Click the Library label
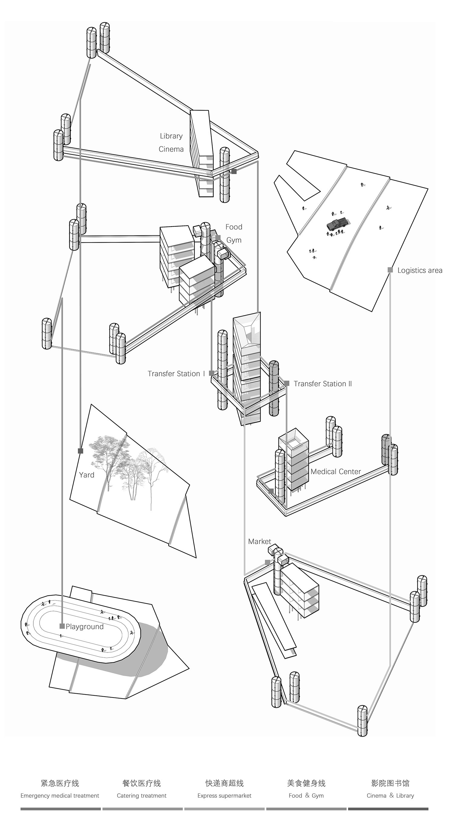point(171,136)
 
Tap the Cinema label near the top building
point(171,149)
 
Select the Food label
point(234,227)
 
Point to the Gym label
point(234,240)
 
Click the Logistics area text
point(419,270)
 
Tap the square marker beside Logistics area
point(390,270)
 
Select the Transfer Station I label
point(176,374)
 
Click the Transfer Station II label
point(323,384)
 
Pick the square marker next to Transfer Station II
point(287,383)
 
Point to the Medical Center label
point(335,472)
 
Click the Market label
point(259,541)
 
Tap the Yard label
point(87,475)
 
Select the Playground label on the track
point(84,626)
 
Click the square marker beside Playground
point(62,626)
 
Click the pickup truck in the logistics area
point(337,224)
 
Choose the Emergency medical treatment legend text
point(60,796)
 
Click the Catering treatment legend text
point(142,796)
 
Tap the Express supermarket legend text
point(224,796)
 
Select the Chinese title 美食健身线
point(306,783)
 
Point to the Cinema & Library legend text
point(390,796)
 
